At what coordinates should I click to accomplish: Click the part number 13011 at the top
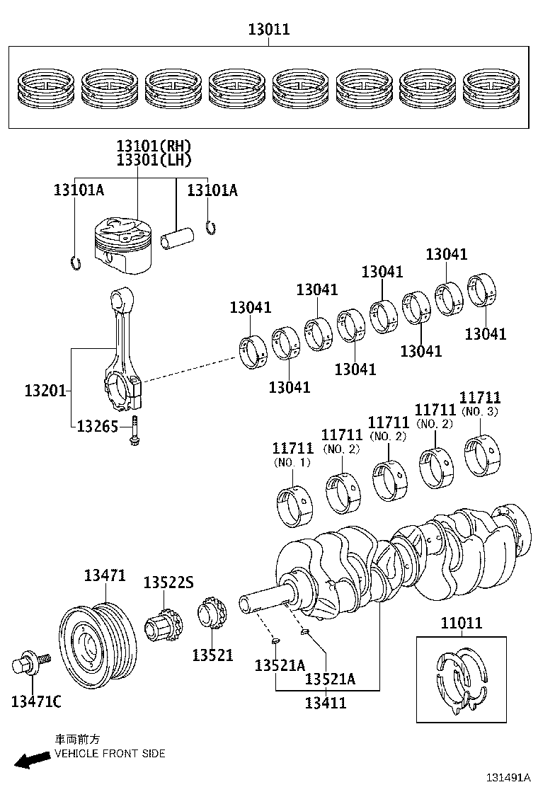[268, 30]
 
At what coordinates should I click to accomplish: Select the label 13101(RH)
[154, 147]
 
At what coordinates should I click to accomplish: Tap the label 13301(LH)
[154, 161]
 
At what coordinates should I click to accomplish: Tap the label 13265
[98, 426]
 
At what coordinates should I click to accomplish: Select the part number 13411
[326, 703]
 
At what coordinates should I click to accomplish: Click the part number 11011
[461, 623]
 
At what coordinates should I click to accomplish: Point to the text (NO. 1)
[292, 462]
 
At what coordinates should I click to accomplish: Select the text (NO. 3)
[480, 411]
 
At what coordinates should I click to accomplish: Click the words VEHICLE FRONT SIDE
[110, 754]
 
